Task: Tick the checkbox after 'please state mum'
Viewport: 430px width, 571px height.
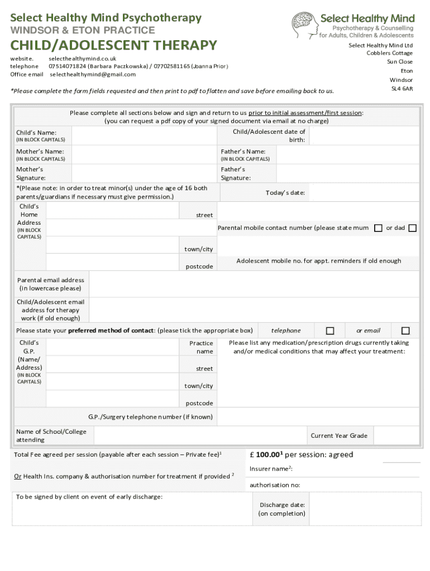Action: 378,228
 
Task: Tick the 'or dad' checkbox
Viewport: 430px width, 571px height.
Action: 412,228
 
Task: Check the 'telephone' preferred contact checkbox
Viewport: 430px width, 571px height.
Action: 330,331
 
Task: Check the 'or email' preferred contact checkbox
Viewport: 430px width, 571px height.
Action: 405,331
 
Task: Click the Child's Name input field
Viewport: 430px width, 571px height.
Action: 144,136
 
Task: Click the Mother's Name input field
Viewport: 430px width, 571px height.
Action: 144,154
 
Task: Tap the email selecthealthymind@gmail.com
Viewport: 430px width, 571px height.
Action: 93,74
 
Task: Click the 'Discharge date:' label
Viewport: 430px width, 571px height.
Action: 282,505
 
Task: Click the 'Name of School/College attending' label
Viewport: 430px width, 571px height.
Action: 51,435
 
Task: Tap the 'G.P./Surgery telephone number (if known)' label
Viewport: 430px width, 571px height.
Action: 150,417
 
